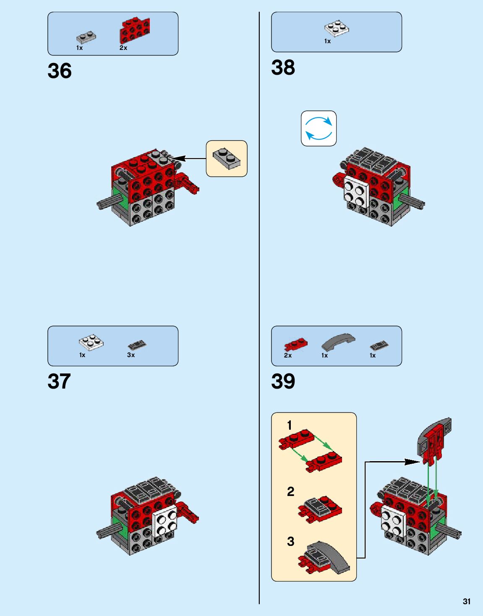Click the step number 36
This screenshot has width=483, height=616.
click(x=60, y=71)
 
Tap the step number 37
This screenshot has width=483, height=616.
click(x=59, y=381)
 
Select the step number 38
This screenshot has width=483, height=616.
click(x=283, y=68)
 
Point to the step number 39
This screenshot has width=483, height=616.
click(x=283, y=381)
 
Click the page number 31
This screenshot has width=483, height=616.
click(x=467, y=601)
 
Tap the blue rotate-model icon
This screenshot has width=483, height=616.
click(x=319, y=128)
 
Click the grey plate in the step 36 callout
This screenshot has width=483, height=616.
click(x=226, y=158)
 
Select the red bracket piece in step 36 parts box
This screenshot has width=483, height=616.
click(x=134, y=30)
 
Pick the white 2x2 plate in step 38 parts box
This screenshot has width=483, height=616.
click(x=337, y=28)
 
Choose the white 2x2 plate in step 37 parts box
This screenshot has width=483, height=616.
click(x=91, y=342)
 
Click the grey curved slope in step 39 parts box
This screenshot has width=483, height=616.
click(x=338, y=342)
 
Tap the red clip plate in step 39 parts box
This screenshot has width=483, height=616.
click(x=295, y=345)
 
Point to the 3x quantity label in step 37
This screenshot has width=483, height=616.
click(x=131, y=355)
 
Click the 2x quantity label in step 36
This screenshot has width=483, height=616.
click(x=123, y=48)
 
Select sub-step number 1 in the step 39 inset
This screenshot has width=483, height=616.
click(x=289, y=425)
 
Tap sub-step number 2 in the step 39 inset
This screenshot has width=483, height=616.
click(x=290, y=491)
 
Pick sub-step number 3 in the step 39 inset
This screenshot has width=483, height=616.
click(x=290, y=541)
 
